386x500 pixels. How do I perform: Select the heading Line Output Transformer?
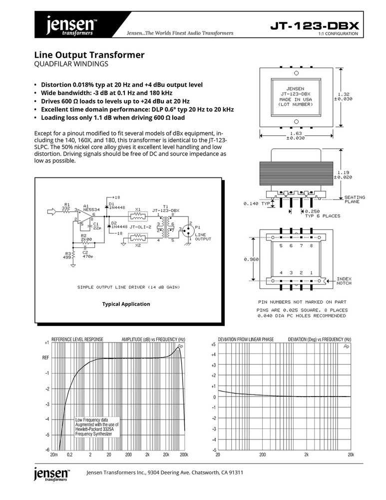(x=89, y=54)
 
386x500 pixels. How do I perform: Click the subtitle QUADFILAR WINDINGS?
(x=71, y=64)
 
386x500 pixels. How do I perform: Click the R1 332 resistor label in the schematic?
(x=66, y=206)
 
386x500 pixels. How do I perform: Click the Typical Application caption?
(x=126, y=304)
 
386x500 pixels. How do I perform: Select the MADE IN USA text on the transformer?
(x=295, y=99)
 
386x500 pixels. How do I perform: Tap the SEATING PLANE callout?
(x=355, y=199)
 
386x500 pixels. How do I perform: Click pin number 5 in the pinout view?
(x=281, y=245)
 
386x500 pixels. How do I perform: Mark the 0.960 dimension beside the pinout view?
(x=251, y=259)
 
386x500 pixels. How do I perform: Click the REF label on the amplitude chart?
(x=45, y=358)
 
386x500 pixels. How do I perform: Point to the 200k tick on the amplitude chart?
(x=183, y=454)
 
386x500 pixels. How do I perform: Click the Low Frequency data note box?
(x=97, y=427)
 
